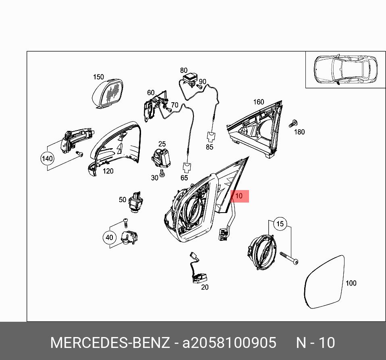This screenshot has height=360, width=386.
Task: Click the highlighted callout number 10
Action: pos(239,196)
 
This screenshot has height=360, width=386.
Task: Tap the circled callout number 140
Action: pos(48,158)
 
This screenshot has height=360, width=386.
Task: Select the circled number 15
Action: pos(280,223)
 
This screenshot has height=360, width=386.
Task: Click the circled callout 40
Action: pos(109,238)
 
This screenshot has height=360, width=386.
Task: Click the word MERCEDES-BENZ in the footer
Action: pos(110,343)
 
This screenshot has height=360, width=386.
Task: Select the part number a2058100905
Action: pos(230,343)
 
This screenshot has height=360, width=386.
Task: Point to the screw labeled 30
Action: pos(162,174)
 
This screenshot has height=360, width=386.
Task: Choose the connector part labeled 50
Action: pos(137,201)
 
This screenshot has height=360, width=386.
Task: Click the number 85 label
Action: pos(210,147)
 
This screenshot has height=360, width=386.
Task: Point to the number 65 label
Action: pos(184,178)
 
